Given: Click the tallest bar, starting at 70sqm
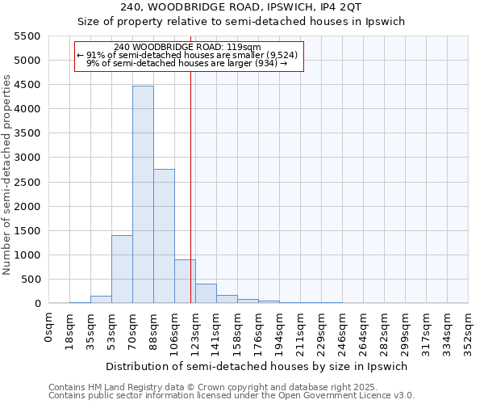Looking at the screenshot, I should pyautogui.click(x=143, y=194).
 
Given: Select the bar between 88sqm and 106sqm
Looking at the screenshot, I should pyautogui.click(x=164, y=236).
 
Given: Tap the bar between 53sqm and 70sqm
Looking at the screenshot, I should pyautogui.click(x=122, y=269).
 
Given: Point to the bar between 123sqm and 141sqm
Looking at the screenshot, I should pyautogui.click(x=206, y=293).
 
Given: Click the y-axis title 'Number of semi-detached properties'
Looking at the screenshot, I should pyautogui.click(x=8, y=175).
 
